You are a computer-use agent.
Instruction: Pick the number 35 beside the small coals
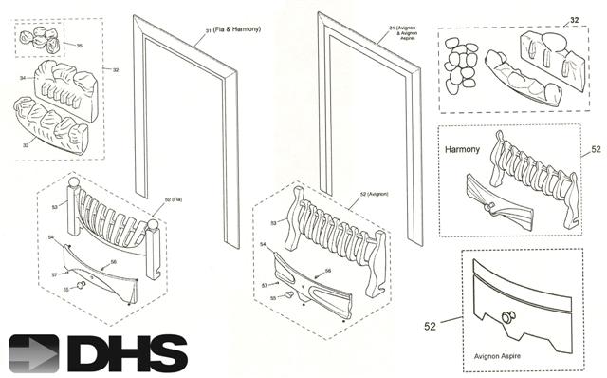79,45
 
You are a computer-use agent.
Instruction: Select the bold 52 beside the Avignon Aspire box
432,326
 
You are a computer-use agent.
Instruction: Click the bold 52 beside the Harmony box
595,150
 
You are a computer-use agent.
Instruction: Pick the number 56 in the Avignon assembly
328,271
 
